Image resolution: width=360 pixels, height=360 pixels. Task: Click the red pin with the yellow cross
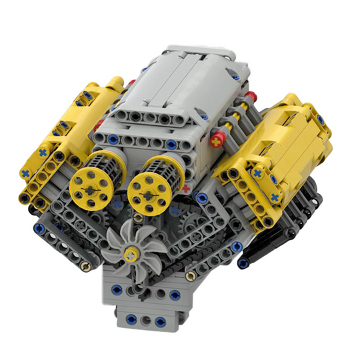[217, 141]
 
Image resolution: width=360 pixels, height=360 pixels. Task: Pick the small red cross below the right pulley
[186, 189]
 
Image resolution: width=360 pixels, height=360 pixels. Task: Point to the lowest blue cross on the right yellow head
[275, 198]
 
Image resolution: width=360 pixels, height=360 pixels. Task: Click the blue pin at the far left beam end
[38, 228]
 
